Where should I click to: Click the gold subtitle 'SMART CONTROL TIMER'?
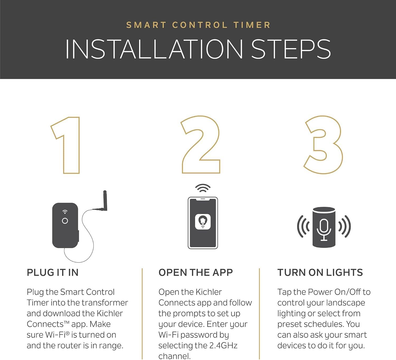198,25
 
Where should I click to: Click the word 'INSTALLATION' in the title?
154,49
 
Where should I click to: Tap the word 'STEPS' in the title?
291,49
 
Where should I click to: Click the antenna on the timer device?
105,201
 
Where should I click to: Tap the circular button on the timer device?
65,221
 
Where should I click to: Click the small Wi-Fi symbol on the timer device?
65,212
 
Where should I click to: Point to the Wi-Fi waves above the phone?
203,188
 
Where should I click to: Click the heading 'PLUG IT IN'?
53,273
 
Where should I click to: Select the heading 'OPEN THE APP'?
196,273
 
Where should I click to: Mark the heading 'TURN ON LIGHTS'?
320,273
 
